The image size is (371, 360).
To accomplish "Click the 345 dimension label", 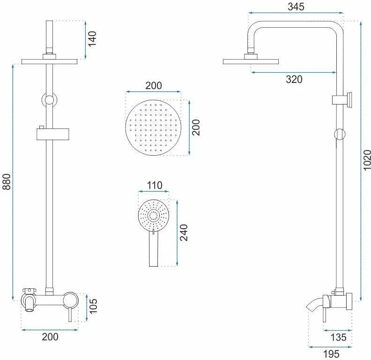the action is click(296, 7).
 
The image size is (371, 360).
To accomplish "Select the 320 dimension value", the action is click(294, 79).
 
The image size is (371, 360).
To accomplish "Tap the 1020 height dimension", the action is click(367, 160).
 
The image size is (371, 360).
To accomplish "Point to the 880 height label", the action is click(7, 182).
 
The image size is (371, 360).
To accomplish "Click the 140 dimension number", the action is click(92, 38).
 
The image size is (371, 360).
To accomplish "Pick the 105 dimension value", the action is click(93, 306).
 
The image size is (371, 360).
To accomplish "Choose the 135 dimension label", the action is click(339, 337).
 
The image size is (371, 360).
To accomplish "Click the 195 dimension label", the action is click(331, 354).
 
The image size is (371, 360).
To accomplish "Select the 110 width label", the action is click(155, 185).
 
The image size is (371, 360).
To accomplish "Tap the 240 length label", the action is click(184, 232).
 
